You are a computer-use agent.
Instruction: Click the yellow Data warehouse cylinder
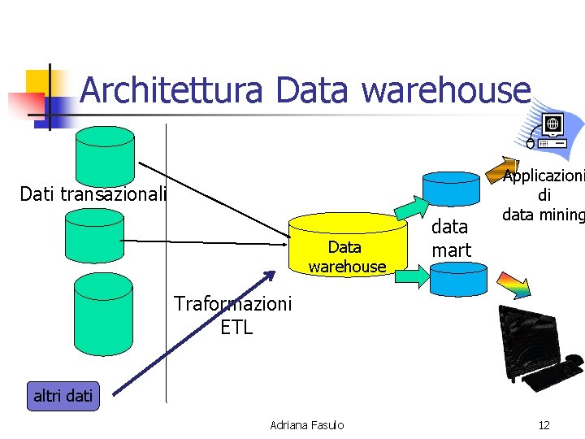[348, 245]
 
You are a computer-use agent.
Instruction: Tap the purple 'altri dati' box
[63, 396]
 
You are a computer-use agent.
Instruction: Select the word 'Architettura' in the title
[171, 89]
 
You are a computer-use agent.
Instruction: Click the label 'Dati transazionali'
[93, 193]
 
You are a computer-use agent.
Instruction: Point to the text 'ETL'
[236, 328]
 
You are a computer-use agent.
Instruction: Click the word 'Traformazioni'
[232, 303]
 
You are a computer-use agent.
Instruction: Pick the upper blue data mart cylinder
[451, 189]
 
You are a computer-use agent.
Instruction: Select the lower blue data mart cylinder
[458, 279]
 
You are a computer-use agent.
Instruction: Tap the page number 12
[544, 425]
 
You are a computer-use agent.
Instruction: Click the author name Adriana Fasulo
[306, 425]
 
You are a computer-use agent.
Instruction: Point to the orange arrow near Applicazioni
[502, 170]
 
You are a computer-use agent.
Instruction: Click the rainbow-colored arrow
[513, 285]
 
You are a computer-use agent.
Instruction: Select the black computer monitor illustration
[540, 349]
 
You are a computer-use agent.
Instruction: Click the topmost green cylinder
[105, 156]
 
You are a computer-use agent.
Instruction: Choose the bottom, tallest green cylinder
[103, 315]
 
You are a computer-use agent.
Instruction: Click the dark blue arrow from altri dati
[194, 333]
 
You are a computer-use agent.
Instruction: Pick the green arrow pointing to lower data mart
[412, 276]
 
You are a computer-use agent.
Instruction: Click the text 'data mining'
[544, 215]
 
